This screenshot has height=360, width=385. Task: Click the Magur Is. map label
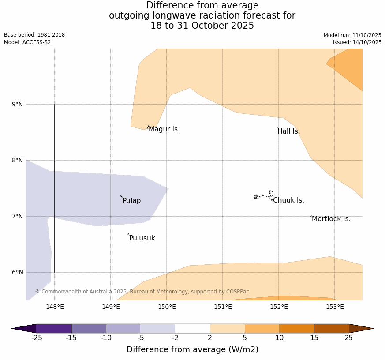click(x=164, y=129)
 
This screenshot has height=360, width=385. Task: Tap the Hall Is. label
click(x=289, y=131)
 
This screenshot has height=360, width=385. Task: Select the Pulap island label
click(x=131, y=201)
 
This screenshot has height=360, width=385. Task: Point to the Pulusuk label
click(x=142, y=238)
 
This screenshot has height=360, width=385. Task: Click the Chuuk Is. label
click(x=288, y=200)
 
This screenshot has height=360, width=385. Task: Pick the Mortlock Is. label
click(x=331, y=219)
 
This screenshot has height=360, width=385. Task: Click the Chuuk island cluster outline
click(x=264, y=195)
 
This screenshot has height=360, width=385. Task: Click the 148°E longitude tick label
click(x=55, y=307)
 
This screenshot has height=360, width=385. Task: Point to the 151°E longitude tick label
click(x=223, y=307)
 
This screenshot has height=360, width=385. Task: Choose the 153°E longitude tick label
click(x=335, y=307)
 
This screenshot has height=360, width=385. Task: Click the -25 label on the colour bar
click(x=36, y=338)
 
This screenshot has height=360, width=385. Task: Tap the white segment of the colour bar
click(x=193, y=328)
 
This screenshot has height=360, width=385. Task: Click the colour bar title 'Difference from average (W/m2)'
click(x=192, y=349)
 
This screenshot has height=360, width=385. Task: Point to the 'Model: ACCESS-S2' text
click(x=27, y=42)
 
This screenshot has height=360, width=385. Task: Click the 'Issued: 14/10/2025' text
click(x=357, y=42)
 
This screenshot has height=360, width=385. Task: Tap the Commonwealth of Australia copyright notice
click(x=142, y=292)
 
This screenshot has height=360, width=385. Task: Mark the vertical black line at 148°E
click(x=55, y=185)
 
